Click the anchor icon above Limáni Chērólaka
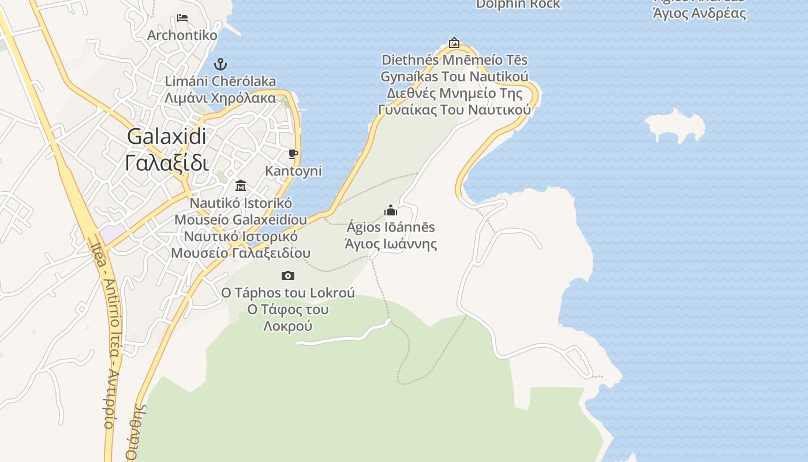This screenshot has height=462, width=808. coord(220,64)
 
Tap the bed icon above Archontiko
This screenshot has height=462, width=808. coord(182,18)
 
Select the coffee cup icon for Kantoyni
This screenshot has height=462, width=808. coord(293,154)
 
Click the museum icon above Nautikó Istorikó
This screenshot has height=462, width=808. coord(241,186)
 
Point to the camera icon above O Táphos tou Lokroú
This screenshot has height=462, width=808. coord(287,276)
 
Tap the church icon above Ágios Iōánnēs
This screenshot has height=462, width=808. coord(391,210)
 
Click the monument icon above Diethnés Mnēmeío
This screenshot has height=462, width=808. coord(454,43)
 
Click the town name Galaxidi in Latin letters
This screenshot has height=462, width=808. coord(166,137)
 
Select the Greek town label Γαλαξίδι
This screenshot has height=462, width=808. coord(166,163)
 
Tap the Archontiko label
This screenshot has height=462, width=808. coord(182,35)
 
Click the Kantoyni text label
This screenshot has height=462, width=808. coord(293,171)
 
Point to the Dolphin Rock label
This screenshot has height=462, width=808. coord(518,5)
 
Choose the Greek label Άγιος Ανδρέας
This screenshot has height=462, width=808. coord(699,14)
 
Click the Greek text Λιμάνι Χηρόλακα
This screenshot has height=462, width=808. coord(220,98)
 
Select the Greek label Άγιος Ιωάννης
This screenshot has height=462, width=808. coord(391,244)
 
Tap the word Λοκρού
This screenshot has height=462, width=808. coord(287,326)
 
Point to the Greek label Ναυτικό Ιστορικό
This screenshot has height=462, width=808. coord(241,236)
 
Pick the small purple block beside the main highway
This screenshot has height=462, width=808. coord(111,233)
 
